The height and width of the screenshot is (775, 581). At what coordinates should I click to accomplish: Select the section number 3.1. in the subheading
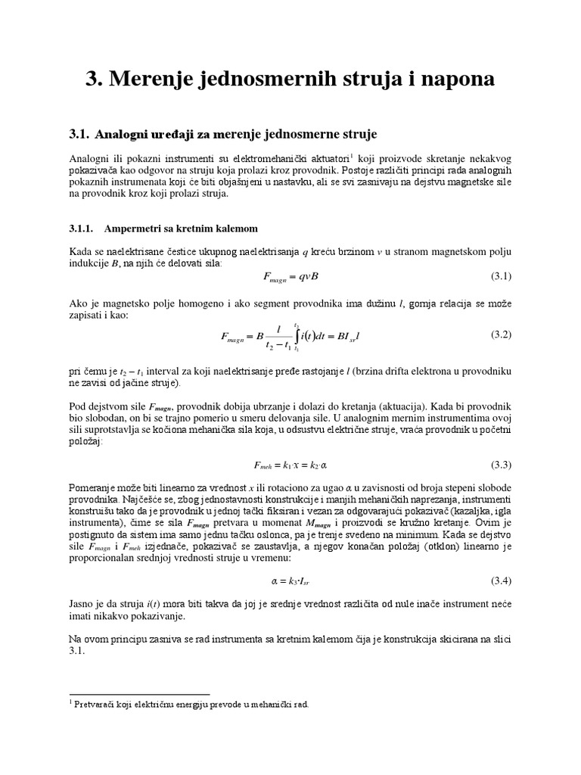(x=80, y=134)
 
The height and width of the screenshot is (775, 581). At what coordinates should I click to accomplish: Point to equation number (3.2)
(x=502, y=334)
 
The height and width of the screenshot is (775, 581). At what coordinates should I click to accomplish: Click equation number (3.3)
(x=502, y=463)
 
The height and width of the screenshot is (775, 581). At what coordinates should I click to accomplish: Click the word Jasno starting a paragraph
(x=81, y=605)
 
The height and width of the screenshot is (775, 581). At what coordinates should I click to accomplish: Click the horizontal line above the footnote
(x=139, y=693)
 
